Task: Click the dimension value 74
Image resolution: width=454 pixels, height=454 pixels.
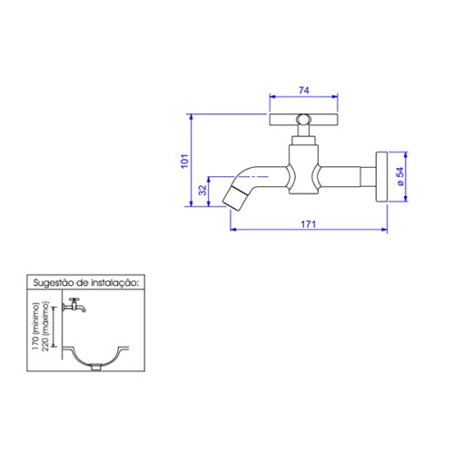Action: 304,90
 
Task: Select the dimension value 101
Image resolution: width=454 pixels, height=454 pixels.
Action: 184,161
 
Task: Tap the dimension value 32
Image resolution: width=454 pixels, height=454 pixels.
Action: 202,190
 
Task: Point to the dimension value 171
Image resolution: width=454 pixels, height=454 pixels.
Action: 308,224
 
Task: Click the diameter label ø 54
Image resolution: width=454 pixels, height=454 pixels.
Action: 400,176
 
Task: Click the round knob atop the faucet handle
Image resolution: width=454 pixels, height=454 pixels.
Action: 303,119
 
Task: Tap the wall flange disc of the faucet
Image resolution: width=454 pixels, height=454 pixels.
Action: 381,177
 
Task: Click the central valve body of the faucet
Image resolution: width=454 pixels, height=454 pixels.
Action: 303,169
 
